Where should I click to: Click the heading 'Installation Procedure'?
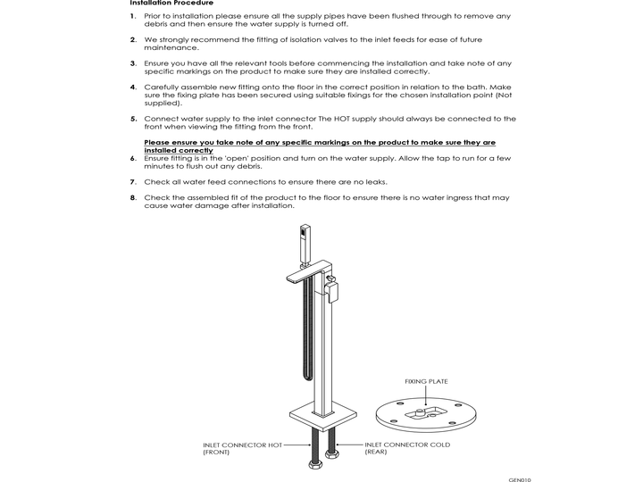click(x=171, y=4)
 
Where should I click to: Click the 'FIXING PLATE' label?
click(x=426, y=381)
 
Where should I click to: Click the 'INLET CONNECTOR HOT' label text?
click(x=242, y=445)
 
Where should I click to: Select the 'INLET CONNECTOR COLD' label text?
click(x=407, y=445)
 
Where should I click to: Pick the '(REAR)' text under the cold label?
click(x=376, y=453)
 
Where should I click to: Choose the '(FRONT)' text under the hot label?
click(x=216, y=453)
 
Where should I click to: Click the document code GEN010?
click(x=520, y=478)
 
